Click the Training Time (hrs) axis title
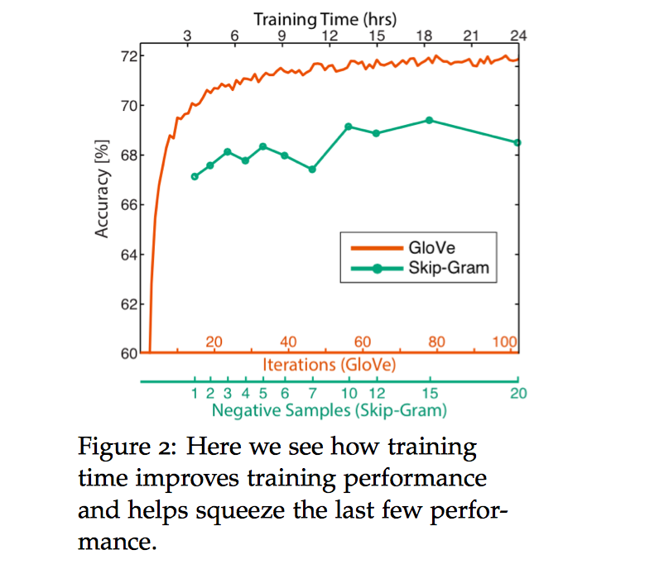tap(325, 17)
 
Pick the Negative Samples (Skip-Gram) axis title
tap(329, 410)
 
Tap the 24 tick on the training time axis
tap(519, 36)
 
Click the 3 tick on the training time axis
tap(187, 36)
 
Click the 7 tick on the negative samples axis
tap(312, 393)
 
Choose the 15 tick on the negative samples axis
tap(430, 393)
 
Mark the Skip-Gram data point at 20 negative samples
tap(518, 142)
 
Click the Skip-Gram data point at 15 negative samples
tap(430, 120)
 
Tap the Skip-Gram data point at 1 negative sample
tap(195, 176)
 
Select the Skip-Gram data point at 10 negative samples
tap(349, 127)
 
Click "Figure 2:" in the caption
tap(128, 449)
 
